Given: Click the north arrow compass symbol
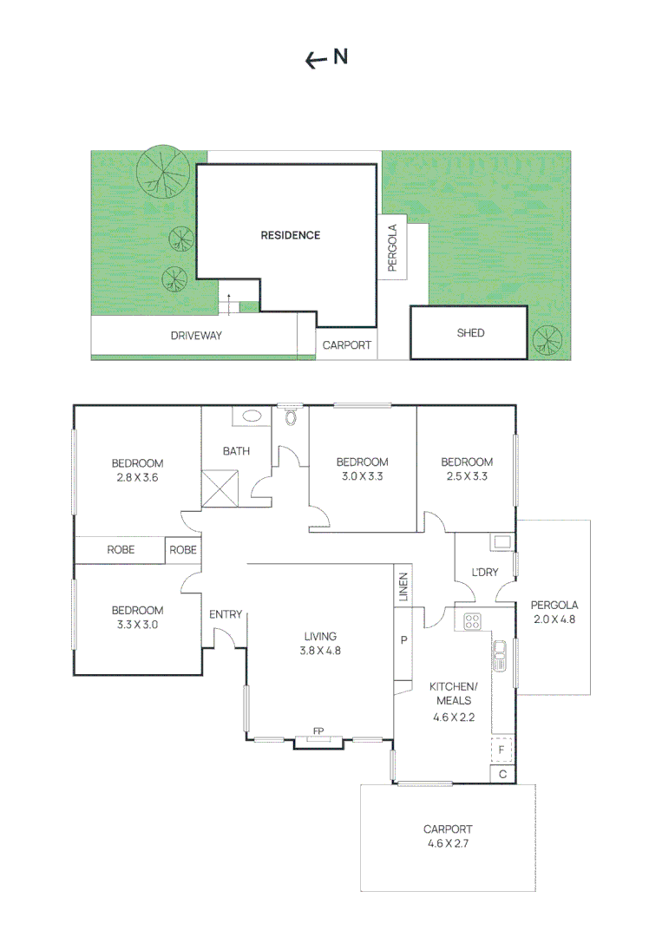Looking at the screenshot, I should [326, 58].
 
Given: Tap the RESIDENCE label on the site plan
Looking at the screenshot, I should [291, 235].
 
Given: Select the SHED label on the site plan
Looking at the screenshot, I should [470, 333].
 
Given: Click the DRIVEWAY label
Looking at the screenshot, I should [196, 335].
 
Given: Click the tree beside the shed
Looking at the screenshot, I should [547, 338].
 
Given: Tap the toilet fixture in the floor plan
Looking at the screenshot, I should [291, 416].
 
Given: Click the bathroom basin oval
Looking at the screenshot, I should [253, 416].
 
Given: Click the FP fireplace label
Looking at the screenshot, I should [318, 731].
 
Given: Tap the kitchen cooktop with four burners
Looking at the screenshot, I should [473, 621].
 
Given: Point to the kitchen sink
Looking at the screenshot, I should [500, 656].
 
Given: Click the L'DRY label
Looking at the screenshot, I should [484, 573].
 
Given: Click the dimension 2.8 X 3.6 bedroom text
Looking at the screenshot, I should [137, 477].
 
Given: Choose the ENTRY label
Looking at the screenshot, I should [226, 614].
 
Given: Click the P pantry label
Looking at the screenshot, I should [403, 640].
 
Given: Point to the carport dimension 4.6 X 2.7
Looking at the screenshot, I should [448, 842].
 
